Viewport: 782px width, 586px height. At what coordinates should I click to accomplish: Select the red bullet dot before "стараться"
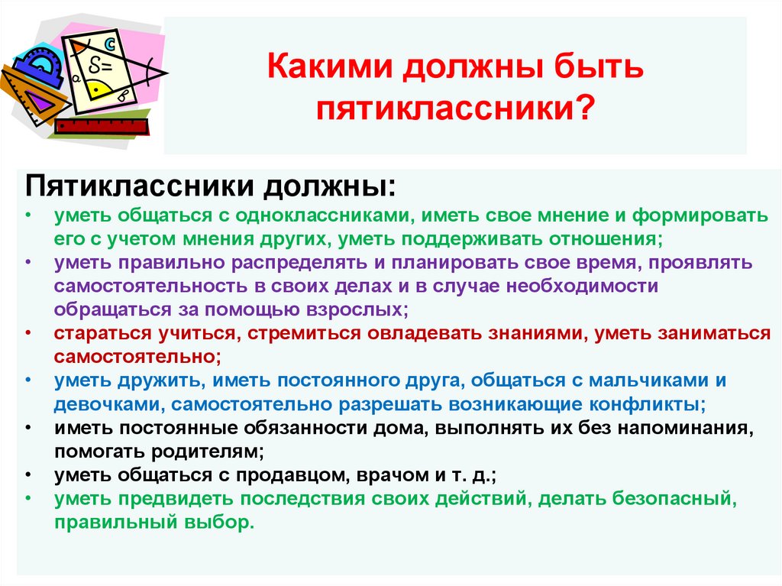(x=28, y=334)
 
